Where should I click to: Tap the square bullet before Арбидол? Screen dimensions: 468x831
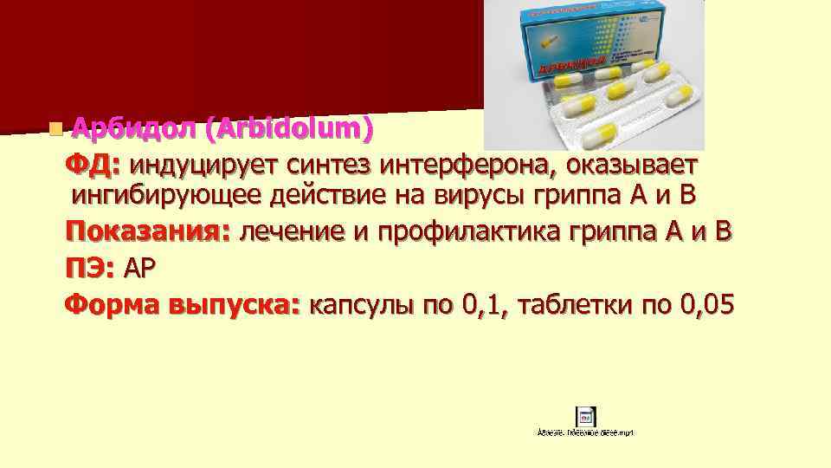(x=55, y=130)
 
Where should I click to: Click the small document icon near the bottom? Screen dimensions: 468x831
(x=585, y=414)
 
